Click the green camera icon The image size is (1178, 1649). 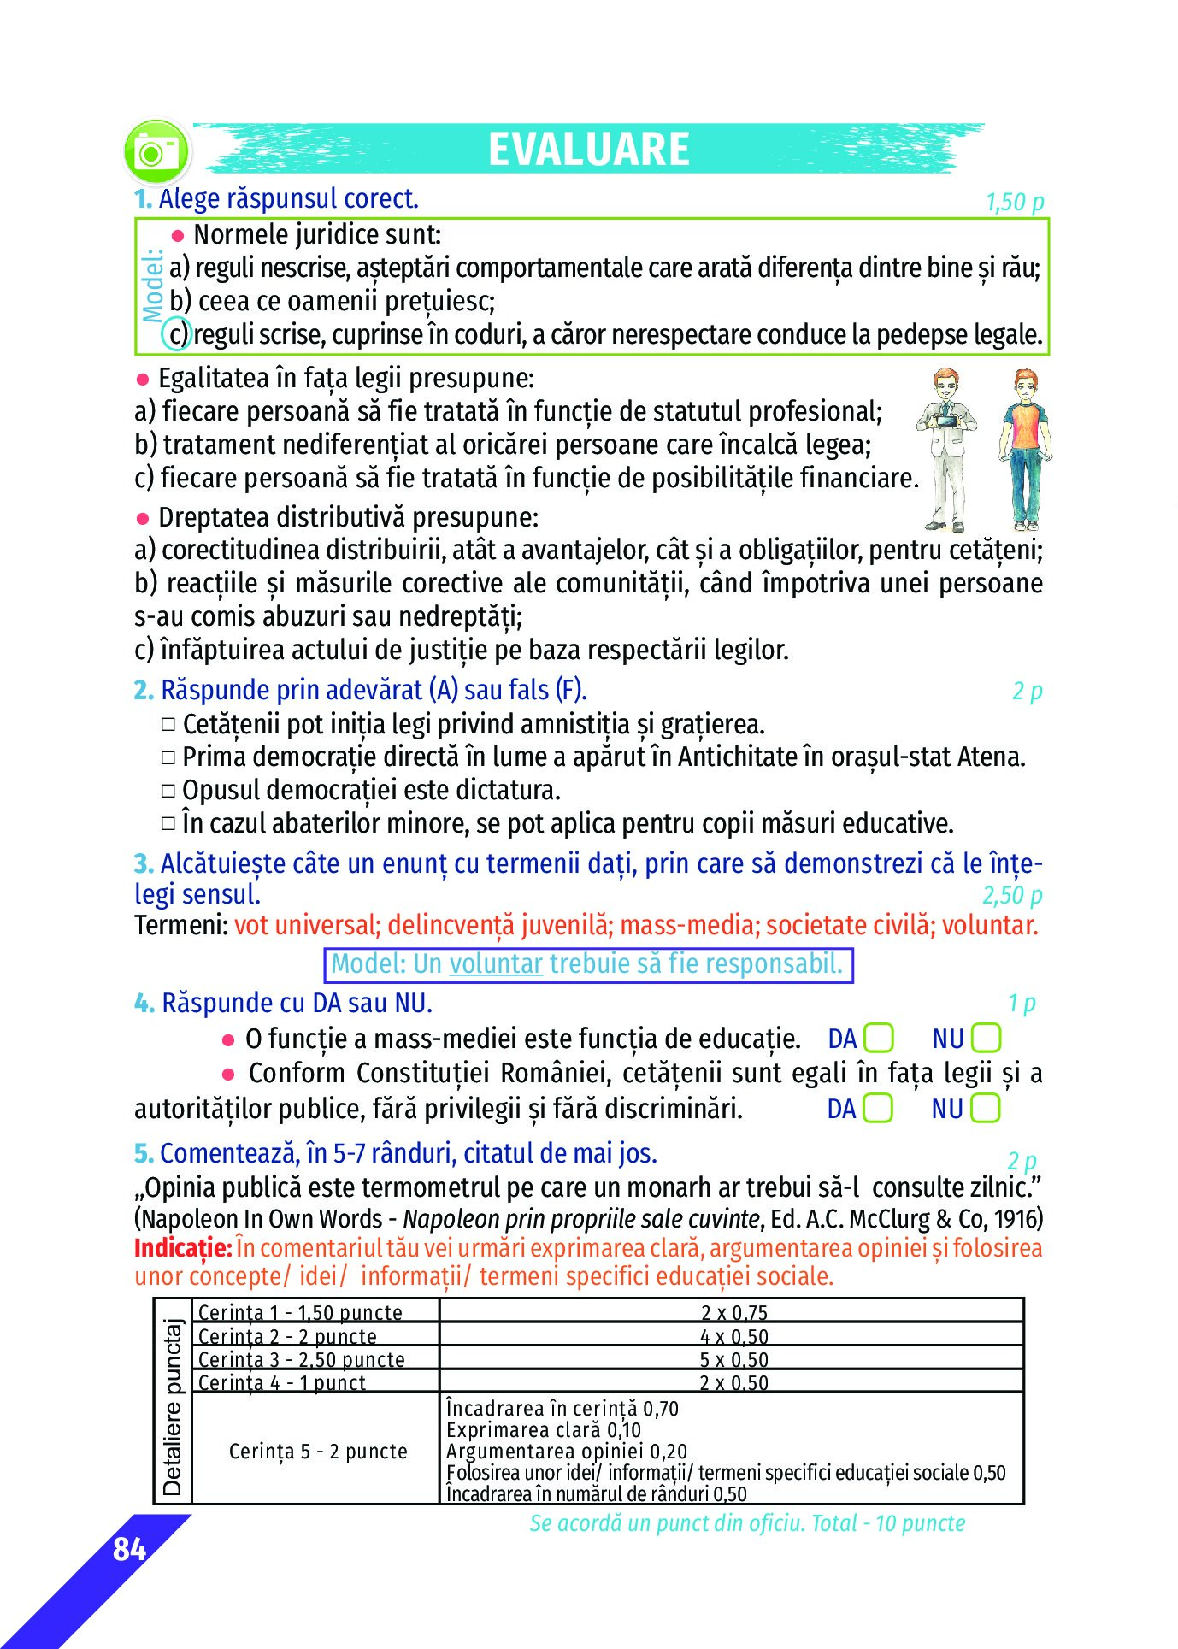click(x=156, y=152)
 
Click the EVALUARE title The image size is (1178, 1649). click(x=588, y=150)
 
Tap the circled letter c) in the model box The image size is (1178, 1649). click(x=176, y=334)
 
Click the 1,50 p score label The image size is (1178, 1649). click(x=1014, y=203)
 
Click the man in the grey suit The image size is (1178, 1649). click(x=947, y=448)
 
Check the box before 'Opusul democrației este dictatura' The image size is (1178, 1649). click(x=168, y=791)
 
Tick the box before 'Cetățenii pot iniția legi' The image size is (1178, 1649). click(x=168, y=724)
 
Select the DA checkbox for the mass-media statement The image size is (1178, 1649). click(x=878, y=1039)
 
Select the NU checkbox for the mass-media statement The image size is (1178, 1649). click(x=986, y=1039)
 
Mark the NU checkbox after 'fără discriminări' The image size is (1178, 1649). click(x=986, y=1109)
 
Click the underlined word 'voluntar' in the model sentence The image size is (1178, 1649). click(x=496, y=964)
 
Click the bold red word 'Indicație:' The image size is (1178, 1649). click(x=182, y=1248)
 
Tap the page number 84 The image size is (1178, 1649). click(x=129, y=1549)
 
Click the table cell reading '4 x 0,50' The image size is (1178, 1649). click(x=733, y=1337)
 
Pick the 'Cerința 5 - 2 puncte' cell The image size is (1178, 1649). click(x=317, y=1452)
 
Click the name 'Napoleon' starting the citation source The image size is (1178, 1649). click(x=180, y=1219)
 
